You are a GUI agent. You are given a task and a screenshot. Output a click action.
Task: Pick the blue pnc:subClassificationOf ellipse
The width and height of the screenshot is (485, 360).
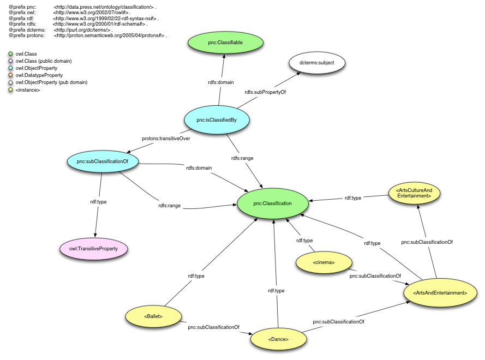tap(103, 161)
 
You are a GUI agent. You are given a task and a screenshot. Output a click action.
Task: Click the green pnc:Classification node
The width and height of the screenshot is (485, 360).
tap(272, 203)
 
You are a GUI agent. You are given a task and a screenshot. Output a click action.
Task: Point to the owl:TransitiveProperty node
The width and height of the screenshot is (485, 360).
tap(94, 249)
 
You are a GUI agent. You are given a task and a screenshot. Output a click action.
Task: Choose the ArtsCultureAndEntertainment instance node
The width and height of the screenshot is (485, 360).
tap(414, 192)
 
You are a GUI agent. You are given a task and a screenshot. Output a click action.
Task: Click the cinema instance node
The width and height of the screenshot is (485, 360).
tap(324, 262)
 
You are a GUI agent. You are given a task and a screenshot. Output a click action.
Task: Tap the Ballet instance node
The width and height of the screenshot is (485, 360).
tap(153, 315)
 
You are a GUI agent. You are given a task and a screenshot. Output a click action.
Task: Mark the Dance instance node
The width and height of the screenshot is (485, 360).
tap(278, 339)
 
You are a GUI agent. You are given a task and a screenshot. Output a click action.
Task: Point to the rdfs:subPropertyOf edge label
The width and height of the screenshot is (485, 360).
tap(265, 92)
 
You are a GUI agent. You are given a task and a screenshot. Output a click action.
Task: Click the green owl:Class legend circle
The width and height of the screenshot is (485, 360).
tap(10, 54)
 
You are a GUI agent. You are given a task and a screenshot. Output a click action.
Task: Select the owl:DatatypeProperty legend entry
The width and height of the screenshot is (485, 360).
tap(39, 75)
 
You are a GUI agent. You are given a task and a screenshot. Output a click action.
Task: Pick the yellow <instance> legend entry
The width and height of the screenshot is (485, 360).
tap(27, 89)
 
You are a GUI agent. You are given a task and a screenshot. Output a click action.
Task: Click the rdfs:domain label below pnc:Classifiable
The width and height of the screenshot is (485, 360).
tap(221, 82)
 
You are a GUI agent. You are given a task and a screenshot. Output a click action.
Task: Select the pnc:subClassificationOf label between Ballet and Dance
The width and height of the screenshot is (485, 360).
tap(213, 327)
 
